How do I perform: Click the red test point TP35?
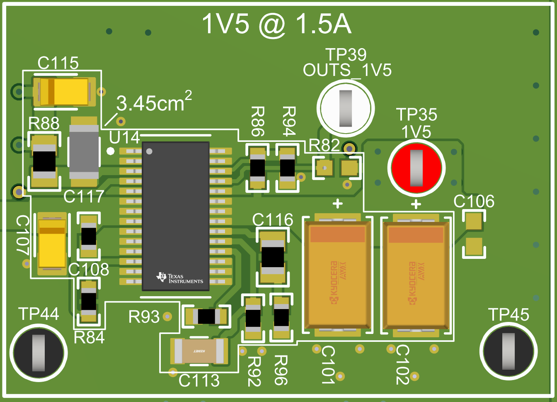[x=416, y=168]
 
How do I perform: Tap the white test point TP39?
[x=345, y=108]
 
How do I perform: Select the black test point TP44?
[x=39, y=352]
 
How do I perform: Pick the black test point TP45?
[x=508, y=351]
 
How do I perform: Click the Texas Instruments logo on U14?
[x=179, y=278]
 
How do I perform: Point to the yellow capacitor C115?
[x=64, y=92]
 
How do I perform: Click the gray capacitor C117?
[x=84, y=151]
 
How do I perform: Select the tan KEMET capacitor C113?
[x=199, y=351]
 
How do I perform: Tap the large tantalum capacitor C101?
[x=337, y=274]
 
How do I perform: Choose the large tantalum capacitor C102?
[x=416, y=274]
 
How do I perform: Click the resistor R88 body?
[x=44, y=161]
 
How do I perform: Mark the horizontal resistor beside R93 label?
[x=206, y=317]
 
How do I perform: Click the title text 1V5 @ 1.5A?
[x=276, y=24]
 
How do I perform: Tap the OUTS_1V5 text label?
[x=347, y=70]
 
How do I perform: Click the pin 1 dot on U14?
[x=149, y=151]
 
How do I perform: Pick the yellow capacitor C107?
[x=52, y=244]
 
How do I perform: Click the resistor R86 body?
[x=257, y=168]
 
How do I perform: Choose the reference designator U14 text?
[x=124, y=137]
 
